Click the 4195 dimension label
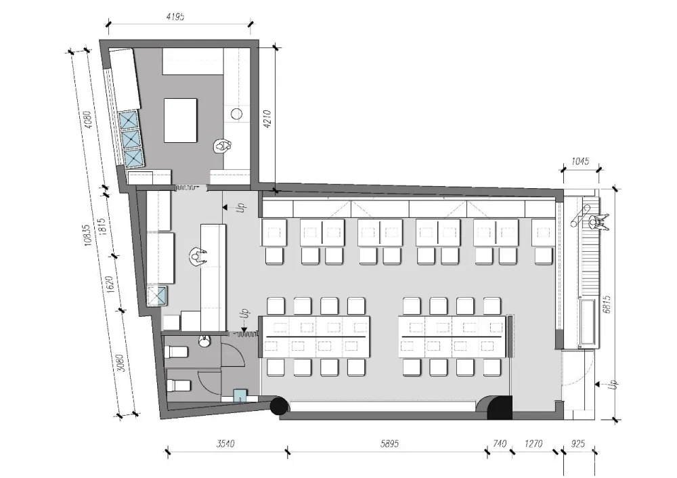175,17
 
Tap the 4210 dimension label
267,119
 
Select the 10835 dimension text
87,235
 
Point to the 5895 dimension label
389,443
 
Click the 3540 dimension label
225,443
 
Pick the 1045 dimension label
580,161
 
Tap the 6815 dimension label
607,305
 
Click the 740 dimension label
500,443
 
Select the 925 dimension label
577,443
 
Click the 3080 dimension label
121,363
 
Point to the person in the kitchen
223,146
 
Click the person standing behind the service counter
197,257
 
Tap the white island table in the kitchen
181,120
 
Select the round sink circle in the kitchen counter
236,114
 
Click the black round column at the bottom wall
279,406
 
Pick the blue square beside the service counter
157,296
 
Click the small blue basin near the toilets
240,395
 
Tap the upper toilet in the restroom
177,351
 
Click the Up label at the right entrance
615,385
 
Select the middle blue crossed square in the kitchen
132,139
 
